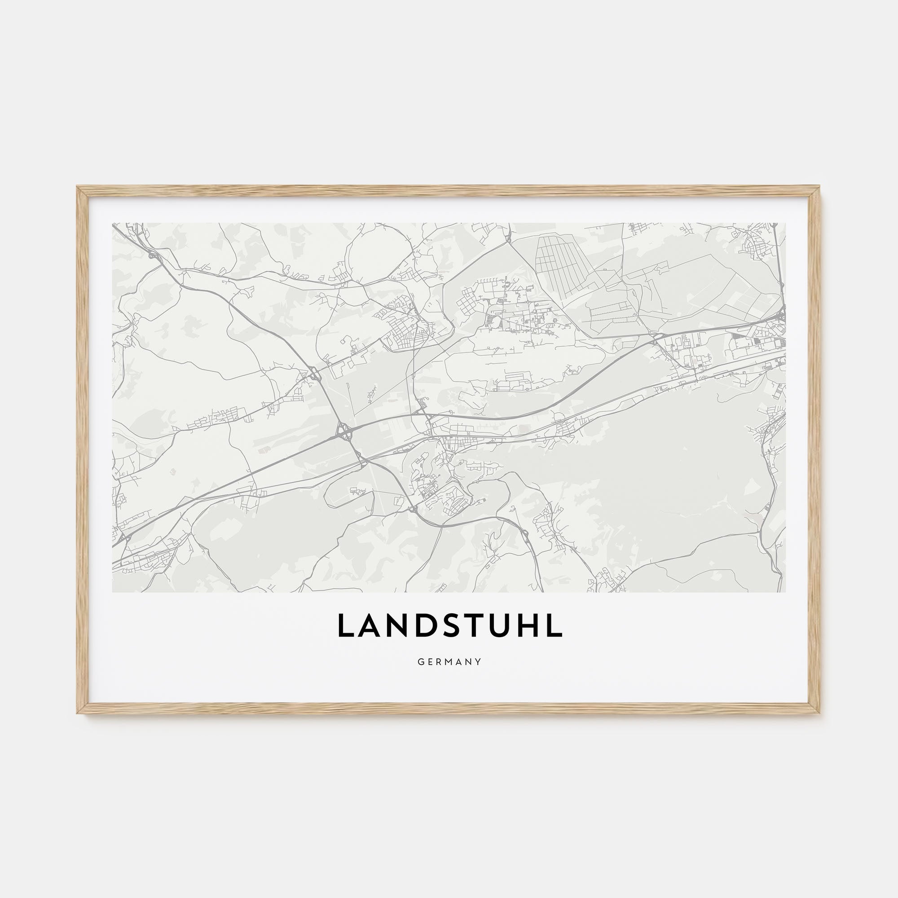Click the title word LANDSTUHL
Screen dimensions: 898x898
point(449,625)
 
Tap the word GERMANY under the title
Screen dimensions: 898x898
point(449,661)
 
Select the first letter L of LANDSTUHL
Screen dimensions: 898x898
point(345,625)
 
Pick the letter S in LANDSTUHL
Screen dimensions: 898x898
point(444,625)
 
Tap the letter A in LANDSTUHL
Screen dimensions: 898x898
point(367,625)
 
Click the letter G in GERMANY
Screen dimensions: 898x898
point(420,661)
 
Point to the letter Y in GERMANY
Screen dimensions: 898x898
point(478,661)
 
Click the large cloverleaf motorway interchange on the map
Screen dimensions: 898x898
point(344,432)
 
